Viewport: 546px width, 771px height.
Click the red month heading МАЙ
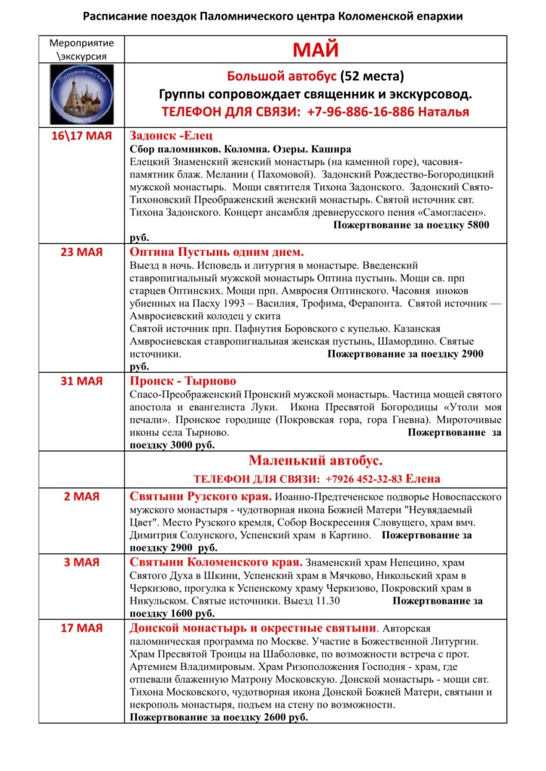[315, 50]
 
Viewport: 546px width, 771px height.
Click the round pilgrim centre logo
[81, 93]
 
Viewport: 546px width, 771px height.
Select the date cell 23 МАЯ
[81, 252]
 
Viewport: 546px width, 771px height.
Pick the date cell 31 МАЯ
[81, 380]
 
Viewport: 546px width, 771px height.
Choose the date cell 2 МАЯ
[81, 497]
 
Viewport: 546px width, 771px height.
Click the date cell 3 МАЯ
[81, 562]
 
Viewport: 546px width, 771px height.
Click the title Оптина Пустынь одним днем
[217, 252]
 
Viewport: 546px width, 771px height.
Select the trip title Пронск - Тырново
[183, 380]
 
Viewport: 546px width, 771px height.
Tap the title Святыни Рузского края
[200, 497]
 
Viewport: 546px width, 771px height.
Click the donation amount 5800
[475, 225]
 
